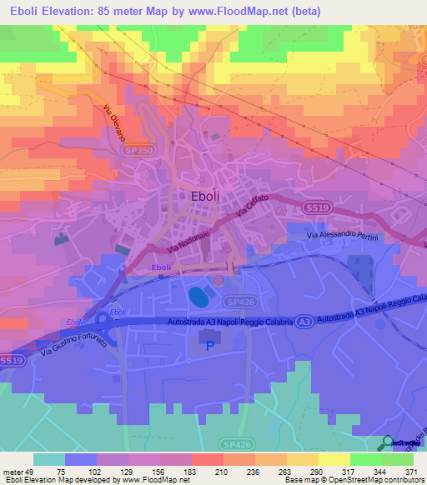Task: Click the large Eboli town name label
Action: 206,196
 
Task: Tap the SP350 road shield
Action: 140,149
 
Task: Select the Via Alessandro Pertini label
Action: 343,238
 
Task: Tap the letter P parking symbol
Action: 210,345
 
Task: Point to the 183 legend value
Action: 170,472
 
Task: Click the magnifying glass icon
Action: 389,442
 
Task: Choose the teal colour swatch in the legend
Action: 49,459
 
